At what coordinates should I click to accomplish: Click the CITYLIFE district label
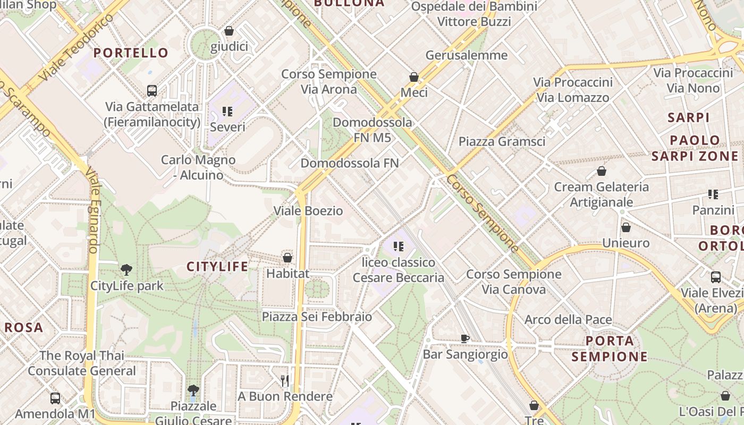[x=217, y=266]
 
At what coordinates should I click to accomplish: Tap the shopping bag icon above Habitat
[x=288, y=258]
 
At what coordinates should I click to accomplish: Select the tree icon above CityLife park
[x=126, y=270]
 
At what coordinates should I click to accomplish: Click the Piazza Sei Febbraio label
[x=317, y=317]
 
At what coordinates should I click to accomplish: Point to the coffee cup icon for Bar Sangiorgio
[x=465, y=338]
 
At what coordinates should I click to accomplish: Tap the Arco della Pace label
[x=568, y=320]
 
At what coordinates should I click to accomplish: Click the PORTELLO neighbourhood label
[x=131, y=53]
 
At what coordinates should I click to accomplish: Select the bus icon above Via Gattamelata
[x=152, y=91]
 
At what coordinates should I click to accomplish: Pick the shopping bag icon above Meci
[x=414, y=78]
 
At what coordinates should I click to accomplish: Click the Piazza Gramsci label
[x=502, y=141]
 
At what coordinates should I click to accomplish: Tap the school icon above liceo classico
[x=399, y=246]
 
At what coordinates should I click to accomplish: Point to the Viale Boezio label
[x=308, y=210]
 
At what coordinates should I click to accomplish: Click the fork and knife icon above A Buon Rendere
[x=285, y=380]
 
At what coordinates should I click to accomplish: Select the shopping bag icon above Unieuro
[x=626, y=227]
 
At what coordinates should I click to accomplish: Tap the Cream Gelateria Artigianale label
[x=601, y=194]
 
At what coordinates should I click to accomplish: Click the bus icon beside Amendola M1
[x=55, y=398]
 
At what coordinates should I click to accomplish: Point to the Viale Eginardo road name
[x=94, y=211]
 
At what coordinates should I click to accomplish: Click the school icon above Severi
[x=227, y=112]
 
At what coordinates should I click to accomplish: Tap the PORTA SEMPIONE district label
[x=610, y=348]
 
